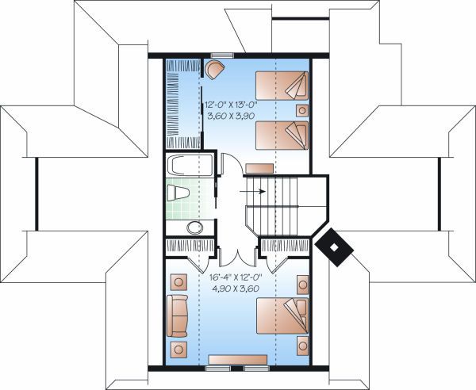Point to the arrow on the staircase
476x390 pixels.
pos(255,191)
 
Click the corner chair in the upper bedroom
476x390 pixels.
pos(213,67)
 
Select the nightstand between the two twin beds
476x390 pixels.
pos(301,110)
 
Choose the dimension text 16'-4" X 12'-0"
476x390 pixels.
pos(236,277)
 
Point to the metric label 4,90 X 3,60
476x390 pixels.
pos(236,289)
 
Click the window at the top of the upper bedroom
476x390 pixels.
pos(221,55)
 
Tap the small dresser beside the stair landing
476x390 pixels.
pos(259,168)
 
